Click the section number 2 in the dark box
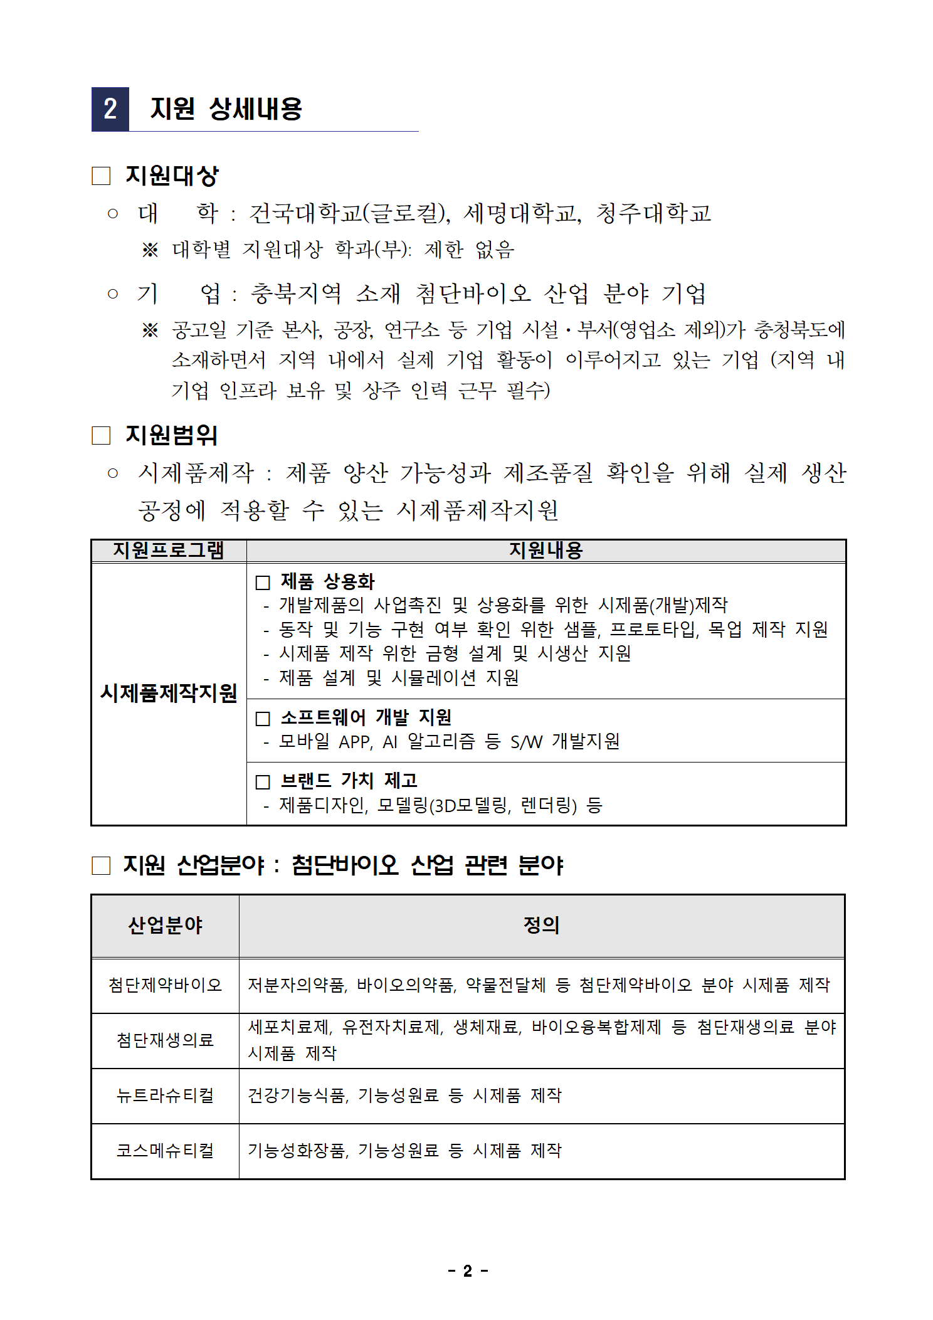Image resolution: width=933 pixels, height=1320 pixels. pos(110,109)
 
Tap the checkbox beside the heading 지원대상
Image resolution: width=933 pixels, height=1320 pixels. pos(101,176)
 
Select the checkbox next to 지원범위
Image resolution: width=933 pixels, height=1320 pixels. pos(101,435)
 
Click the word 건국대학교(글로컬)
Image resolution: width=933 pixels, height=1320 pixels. pos(349,213)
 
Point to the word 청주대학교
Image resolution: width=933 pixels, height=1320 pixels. pos(653,213)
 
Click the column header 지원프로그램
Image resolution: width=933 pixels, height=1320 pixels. pos(169,551)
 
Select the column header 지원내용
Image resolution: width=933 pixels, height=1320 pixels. pos(546,551)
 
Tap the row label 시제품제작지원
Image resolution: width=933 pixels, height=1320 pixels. pos(169,693)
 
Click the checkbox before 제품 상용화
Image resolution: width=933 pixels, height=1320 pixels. pos(263,583)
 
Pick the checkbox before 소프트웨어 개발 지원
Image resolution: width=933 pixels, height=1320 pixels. pos(263,718)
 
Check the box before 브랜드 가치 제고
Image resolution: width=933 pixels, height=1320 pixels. pos(263,782)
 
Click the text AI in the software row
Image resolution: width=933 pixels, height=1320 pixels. pos(390,742)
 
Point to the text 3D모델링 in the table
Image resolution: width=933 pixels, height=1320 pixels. pos(470,806)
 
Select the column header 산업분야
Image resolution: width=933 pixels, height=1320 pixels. pos(165,926)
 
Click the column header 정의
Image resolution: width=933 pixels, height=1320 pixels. pos(541,926)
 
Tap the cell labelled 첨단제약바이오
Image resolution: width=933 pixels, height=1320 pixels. pos(165,985)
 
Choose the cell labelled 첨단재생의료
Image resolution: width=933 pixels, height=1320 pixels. pos(165,1040)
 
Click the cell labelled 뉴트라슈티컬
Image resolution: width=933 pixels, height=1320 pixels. pos(165,1096)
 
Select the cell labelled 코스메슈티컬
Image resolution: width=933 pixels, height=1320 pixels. pos(165,1151)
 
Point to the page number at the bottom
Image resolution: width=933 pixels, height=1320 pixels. pos(468,1271)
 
